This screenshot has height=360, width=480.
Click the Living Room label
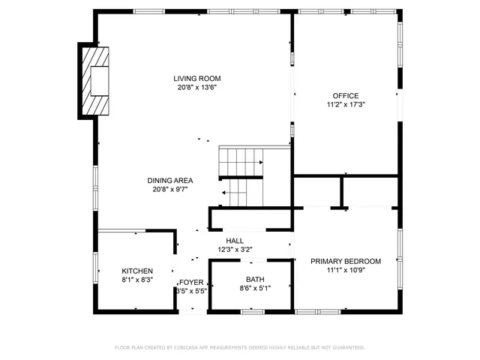pos(196,78)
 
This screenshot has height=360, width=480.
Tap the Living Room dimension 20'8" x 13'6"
pos(196,88)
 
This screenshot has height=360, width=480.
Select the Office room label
pos(346,95)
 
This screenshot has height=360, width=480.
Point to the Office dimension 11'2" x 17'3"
pos(346,105)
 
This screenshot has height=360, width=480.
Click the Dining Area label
pos(170,180)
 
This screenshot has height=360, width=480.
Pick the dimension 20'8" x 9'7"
pos(170,190)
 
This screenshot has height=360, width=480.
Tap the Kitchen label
pos(137,271)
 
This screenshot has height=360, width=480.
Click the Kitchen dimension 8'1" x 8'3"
pos(137,280)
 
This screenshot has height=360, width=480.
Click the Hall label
pos(235,241)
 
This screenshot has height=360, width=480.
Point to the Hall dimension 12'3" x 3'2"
pos(235,250)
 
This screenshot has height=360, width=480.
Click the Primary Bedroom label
pos(346,261)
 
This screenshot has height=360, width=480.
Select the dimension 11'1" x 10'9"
pos(346,271)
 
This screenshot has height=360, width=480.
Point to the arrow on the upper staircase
pos(258,162)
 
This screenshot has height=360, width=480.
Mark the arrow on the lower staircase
pos(225,193)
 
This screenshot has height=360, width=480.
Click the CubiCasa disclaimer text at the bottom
pos(239,347)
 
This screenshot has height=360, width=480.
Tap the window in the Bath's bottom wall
pos(252,310)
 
